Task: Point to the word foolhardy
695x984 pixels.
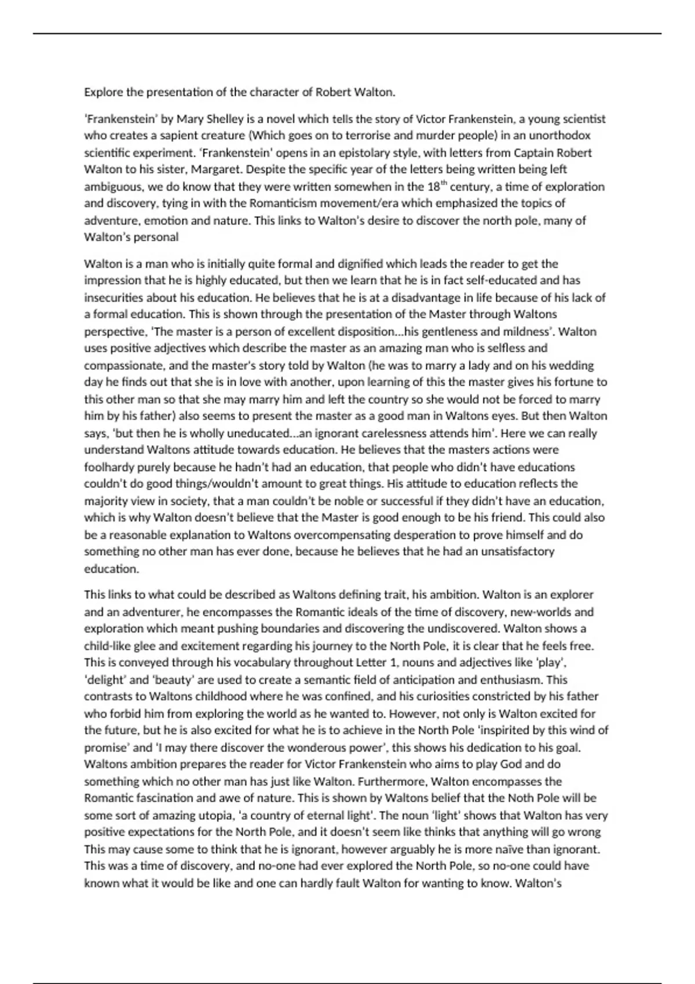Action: [x=112, y=467]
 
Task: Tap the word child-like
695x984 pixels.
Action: [x=108, y=645]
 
